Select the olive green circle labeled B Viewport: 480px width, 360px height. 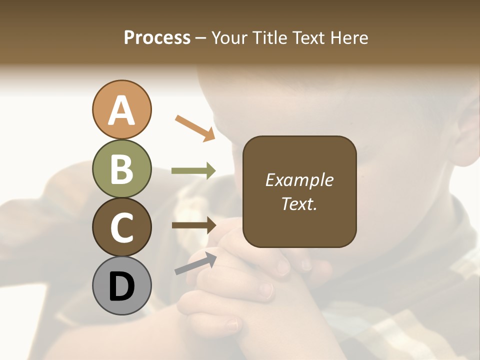click(x=121, y=168)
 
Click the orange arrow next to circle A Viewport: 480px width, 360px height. click(x=195, y=128)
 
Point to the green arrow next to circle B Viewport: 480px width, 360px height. click(x=193, y=170)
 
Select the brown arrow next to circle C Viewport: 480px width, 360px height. click(x=193, y=225)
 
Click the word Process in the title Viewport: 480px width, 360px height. click(x=157, y=38)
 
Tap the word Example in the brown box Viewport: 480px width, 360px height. click(x=299, y=180)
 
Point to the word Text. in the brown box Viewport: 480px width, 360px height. click(x=299, y=203)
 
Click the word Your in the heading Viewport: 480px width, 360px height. click(x=229, y=38)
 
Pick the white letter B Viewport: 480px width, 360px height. click(x=121, y=169)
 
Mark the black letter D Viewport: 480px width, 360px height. click(x=121, y=287)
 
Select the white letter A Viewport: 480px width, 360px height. click(x=121, y=110)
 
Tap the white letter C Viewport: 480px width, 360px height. click(x=121, y=228)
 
